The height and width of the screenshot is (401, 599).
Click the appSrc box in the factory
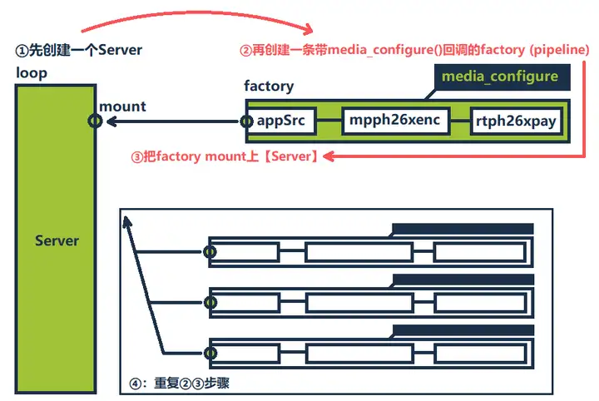point(281,121)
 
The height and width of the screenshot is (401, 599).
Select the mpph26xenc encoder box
point(395,121)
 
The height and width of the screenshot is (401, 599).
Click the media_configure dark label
point(499,77)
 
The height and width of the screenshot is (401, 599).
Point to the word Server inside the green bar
point(57,241)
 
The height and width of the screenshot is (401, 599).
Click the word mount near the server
point(122,106)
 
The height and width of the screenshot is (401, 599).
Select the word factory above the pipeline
point(268,87)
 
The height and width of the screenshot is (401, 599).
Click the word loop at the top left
point(32,72)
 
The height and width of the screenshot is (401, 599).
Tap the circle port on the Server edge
point(96,121)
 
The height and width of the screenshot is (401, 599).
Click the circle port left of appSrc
point(246,121)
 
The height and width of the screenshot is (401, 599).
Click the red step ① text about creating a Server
point(79,50)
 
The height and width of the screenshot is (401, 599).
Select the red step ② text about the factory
point(414,51)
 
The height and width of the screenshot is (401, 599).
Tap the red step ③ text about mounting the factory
point(225,156)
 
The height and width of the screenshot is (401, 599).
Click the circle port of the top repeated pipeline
point(210,251)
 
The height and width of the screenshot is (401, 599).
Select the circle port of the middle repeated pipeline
point(210,301)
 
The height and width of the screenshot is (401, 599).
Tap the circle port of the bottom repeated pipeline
point(210,351)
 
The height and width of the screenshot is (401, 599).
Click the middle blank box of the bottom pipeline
point(359,351)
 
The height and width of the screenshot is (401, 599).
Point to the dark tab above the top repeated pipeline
point(462,229)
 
